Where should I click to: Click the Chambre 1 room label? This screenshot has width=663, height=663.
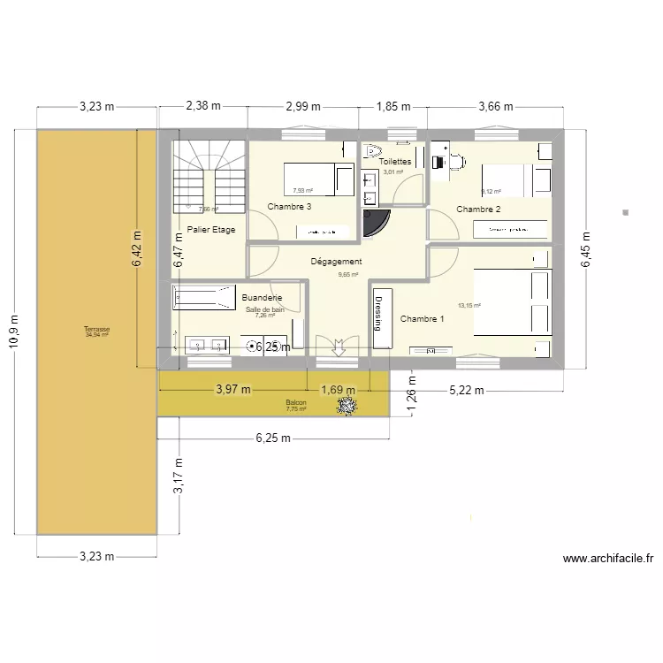(x=422, y=319)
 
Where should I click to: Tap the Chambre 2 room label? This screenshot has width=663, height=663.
(x=478, y=210)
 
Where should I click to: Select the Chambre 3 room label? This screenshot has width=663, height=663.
(x=289, y=207)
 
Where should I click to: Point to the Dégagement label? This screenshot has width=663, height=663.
(x=337, y=262)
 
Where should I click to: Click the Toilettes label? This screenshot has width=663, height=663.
(x=395, y=162)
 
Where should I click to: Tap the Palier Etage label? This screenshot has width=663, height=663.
(x=211, y=230)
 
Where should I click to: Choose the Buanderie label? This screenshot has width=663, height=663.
(x=262, y=299)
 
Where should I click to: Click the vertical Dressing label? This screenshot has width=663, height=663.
(x=379, y=312)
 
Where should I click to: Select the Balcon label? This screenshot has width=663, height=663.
(x=295, y=403)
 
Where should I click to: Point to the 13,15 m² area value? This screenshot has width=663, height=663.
(x=469, y=306)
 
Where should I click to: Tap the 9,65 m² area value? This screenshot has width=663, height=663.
(x=348, y=275)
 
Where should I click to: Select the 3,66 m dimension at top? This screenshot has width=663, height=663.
(x=495, y=107)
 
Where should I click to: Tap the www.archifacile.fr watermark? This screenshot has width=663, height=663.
(x=607, y=559)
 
